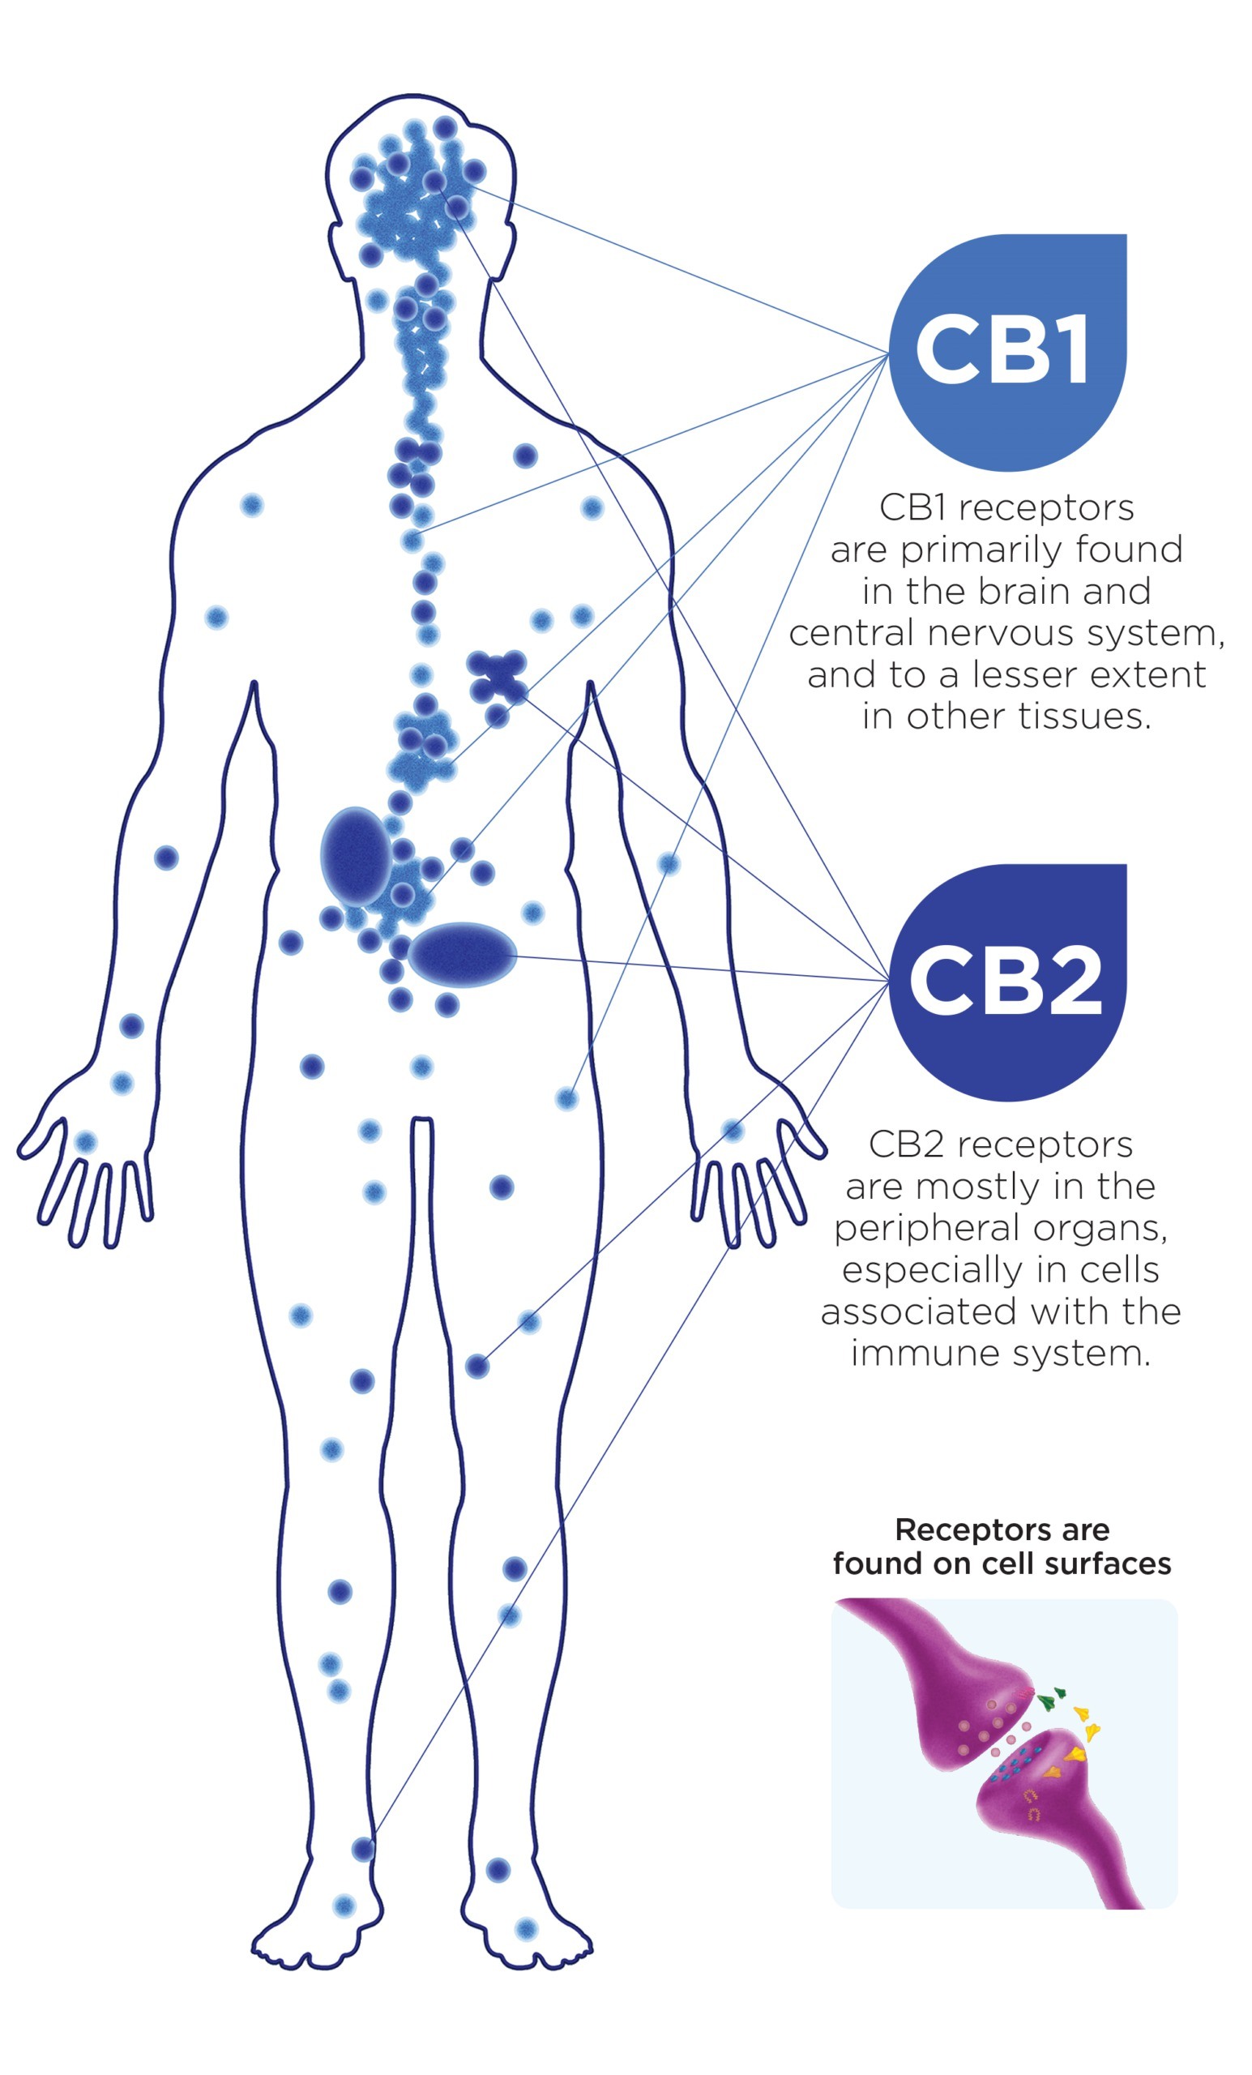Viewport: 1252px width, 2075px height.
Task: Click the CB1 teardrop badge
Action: (x=1006, y=352)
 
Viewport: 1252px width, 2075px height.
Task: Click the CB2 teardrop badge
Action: (x=1006, y=981)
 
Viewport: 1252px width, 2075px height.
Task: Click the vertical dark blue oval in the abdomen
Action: (x=356, y=856)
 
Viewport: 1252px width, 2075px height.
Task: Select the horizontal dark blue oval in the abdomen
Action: (x=461, y=954)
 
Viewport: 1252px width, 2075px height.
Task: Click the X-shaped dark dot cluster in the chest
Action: (x=498, y=676)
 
